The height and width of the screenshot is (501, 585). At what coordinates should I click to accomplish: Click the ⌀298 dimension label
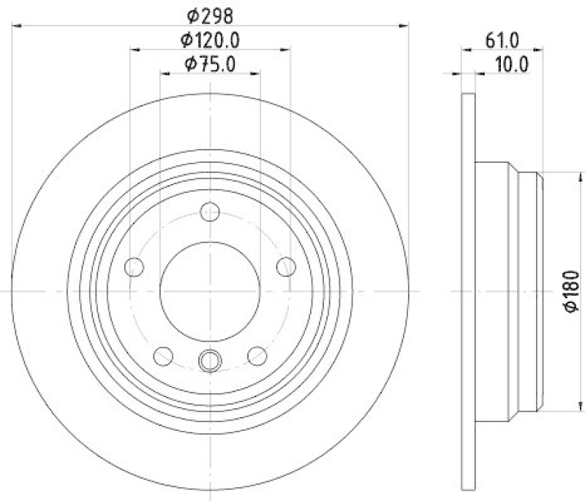pos(210,16)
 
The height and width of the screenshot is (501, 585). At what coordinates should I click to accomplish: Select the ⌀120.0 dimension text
pos(210,40)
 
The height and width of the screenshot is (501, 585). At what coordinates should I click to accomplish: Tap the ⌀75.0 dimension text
pos(210,64)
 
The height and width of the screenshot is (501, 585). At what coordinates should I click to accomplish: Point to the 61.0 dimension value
pos(502,40)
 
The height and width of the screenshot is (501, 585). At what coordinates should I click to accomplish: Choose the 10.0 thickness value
pos(512,64)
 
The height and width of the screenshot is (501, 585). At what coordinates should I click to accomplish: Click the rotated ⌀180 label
pos(571,291)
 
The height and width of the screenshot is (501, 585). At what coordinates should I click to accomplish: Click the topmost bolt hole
pos(210,212)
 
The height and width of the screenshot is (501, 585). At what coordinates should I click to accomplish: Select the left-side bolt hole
pos(134,267)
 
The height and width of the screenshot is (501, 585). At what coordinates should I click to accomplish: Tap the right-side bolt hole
pos(286,267)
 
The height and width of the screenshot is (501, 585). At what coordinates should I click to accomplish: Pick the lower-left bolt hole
pos(163,356)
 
